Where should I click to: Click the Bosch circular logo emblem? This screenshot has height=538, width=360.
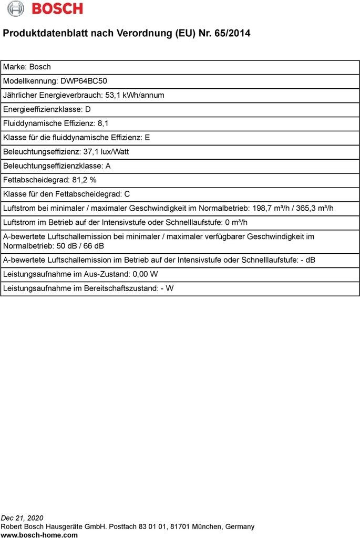pyautogui.click(x=16, y=8)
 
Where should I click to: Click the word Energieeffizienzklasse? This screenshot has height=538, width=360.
pyautogui.click(x=43, y=109)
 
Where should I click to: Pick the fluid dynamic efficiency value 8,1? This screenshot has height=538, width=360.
pyautogui.click(x=104, y=123)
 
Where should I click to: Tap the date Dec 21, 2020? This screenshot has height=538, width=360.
pyautogui.click(x=22, y=518)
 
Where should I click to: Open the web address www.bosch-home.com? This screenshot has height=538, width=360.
pyautogui.click(x=39, y=535)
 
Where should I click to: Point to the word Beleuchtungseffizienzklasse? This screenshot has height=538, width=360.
pyautogui.click(x=52, y=166)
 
